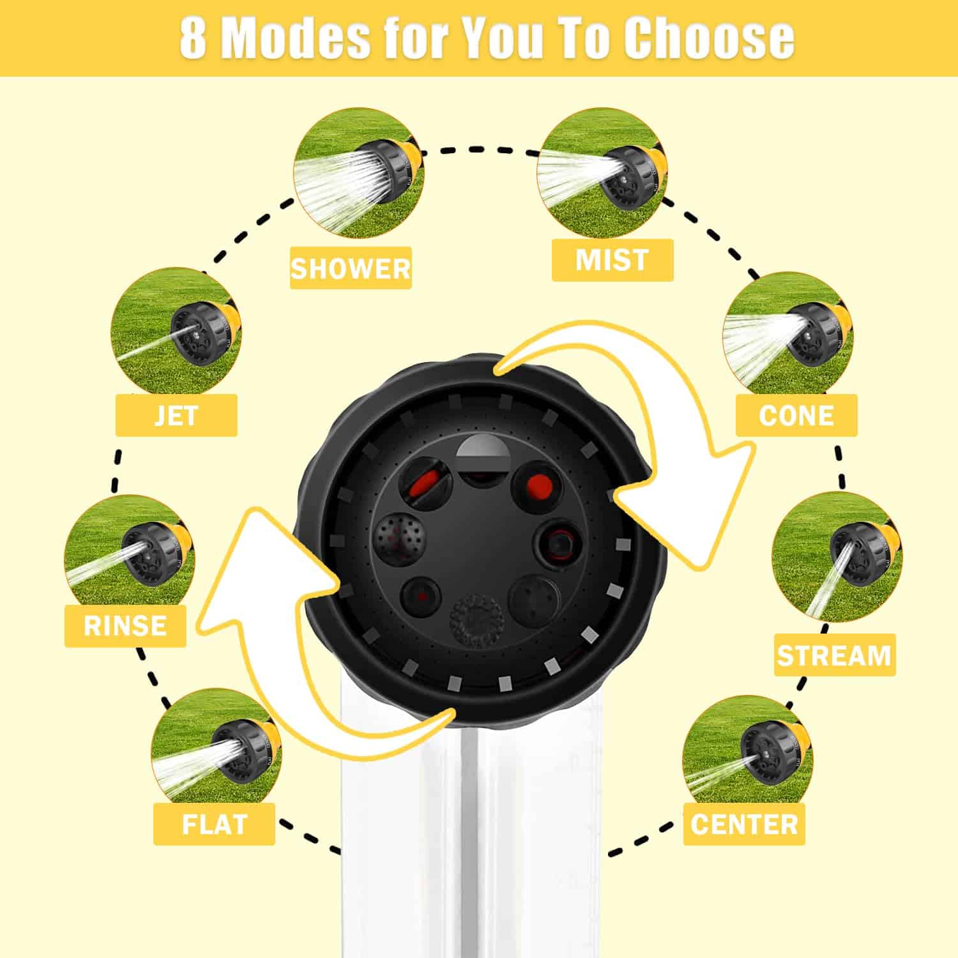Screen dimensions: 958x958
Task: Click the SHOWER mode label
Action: pos(351,268)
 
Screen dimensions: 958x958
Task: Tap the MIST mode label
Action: pos(612,260)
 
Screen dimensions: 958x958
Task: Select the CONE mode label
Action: pos(796,415)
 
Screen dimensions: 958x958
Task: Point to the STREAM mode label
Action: pos(835,655)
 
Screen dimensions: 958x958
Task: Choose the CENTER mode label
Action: pos(744,824)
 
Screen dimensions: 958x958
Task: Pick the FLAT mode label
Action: pos(214,824)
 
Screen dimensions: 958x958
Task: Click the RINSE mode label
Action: pos(125,625)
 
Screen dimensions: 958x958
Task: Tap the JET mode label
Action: pos(176,415)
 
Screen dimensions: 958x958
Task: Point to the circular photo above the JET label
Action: pos(176,332)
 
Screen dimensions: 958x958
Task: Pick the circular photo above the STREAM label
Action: pos(837,558)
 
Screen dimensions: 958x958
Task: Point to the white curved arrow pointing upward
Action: pos(275,639)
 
